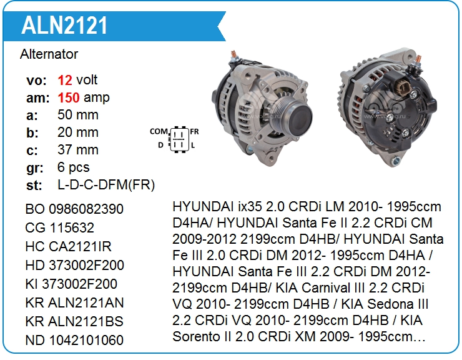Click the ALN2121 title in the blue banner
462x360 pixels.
pyautogui.click(x=64, y=26)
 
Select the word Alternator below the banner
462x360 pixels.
pyautogui.click(x=49, y=54)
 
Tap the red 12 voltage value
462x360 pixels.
pyautogui.click(x=65, y=80)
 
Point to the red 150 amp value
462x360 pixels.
pyautogui.click(x=68, y=97)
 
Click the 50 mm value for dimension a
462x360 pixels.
pyautogui.click(x=78, y=115)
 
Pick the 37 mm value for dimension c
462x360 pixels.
pyautogui.click(x=78, y=149)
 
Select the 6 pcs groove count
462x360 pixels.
pyautogui.click(x=74, y=167)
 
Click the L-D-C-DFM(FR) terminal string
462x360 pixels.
pyautogui.click(x=106, y=185)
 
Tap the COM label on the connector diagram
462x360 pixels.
pyautogui.click(x=159, y=131)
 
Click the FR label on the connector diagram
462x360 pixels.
pyautogui.click(x=194, y=131)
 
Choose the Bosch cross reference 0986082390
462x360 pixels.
pyautogui.click(x=86, y=209)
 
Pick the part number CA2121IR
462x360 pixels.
pyautogui.click(x=80, y=246)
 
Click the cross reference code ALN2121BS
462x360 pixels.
pyautogui.click(x=86, y=321)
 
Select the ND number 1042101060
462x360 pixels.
pyautogui.click(x=86, y=340)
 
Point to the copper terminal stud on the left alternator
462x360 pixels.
pyautogui.click(x=233, y=55)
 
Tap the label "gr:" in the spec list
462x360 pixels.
pyautogui.click(x=35, y=168)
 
